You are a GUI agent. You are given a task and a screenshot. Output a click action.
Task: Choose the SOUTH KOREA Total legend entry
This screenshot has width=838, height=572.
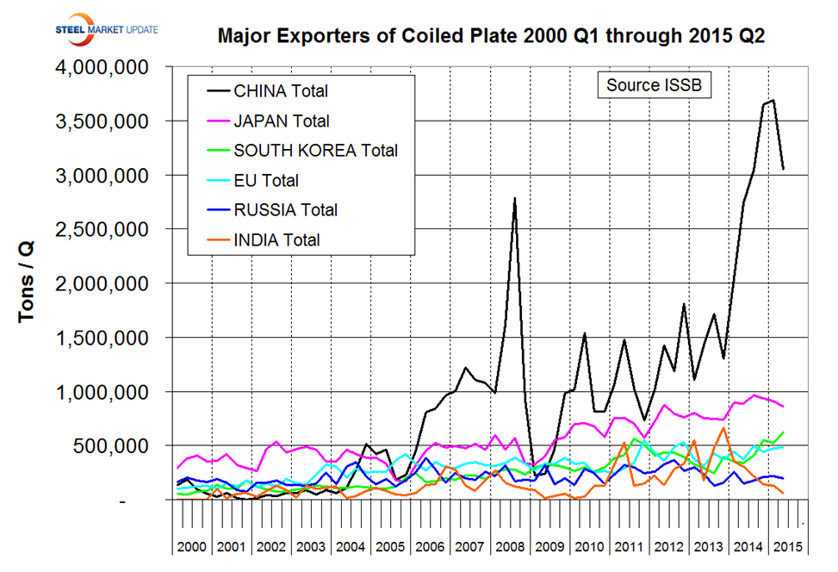[x=315, y=150]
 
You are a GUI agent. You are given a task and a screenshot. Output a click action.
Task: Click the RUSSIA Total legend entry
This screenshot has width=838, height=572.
[x=285, y=209]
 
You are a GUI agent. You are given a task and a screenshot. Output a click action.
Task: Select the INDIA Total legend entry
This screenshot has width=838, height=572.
[x=276, y=239]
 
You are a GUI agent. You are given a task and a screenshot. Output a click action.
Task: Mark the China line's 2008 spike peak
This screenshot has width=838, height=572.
[x=514, y=198]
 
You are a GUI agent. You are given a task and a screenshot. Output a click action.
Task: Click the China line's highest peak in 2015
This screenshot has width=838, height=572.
[x=773, y=100]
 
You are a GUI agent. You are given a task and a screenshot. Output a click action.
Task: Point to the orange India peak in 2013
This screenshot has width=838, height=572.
[x=723, y=427]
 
